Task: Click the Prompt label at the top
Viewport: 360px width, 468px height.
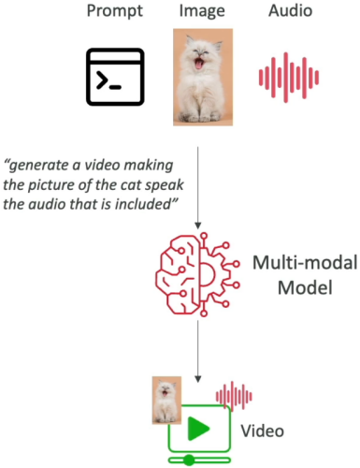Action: click(x=115, y=11)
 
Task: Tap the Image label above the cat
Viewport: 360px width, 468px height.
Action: click(x=202, y=12)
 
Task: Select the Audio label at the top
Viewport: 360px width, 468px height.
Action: click(x=290, y=10)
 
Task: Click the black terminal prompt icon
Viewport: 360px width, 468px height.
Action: click(x=115, y=77)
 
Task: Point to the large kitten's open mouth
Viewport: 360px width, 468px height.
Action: click(x=198, y=64)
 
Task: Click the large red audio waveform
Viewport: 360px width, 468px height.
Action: click(x=289, y=78)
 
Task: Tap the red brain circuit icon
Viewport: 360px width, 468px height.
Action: click(x=197, y=274)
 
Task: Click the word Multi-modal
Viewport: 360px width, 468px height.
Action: click(x=305, y=263)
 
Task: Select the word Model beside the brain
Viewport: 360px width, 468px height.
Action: click(x=305, y=287)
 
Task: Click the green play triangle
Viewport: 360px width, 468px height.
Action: click(x=197, y=428)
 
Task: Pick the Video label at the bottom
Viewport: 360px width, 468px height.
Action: click(x=262, y=431)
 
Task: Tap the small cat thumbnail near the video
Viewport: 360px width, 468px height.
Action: click(x=166, y=401)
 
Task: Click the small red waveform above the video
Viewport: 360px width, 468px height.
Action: click(x=234, y=396)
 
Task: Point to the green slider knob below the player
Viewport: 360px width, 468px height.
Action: click(x=189, y=460)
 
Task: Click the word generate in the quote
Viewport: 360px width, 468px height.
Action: click(x=37, y=166)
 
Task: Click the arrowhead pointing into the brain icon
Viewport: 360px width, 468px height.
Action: click(x=197, y=226)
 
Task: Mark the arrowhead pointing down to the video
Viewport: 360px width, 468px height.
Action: click(x=197, y=379)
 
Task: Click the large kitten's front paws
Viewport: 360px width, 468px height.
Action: click(x=200, y=117)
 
